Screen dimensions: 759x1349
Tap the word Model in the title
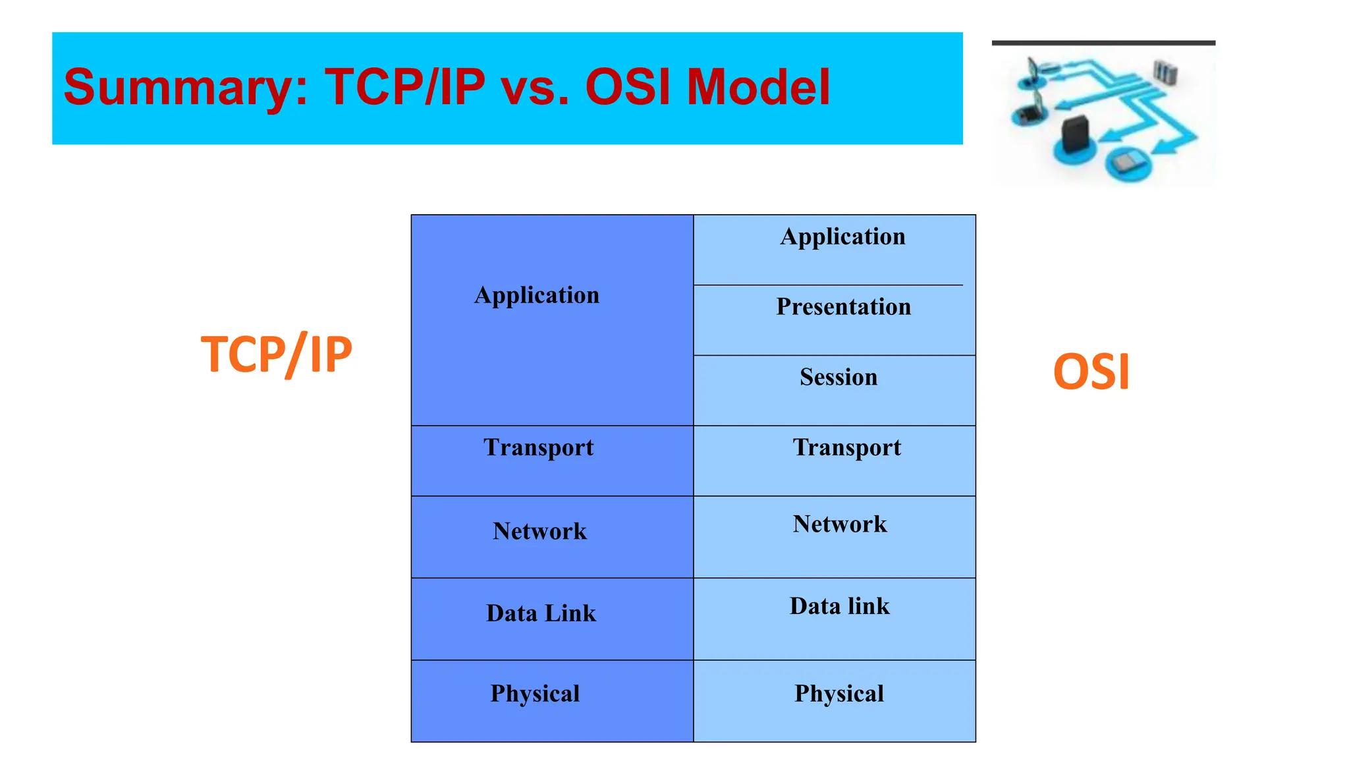(x=757, y=88)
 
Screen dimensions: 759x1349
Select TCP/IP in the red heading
(x=404, y=88)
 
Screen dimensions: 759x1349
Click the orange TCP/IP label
(x=277, y=355)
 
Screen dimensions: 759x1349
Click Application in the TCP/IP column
(x=537, y=295)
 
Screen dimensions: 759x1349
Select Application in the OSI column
(x=842, y=237)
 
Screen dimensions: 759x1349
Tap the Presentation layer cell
(x=843, y=307)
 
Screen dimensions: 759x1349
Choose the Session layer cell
(x=839, y=378)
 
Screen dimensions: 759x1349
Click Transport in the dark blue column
(x=538, y=448)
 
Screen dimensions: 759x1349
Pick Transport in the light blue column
(x=846, y=448)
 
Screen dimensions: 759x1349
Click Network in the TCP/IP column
(x=539, y=531)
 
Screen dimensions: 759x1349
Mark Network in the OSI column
(x=840, y=524)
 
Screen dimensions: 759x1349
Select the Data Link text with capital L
(x=541, y=613)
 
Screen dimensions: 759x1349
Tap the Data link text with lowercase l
(x=839, y=606)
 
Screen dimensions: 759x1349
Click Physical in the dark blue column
(x=535, y=694)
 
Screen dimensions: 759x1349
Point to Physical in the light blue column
(x=839, y=694)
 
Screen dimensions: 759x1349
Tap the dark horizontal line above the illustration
(x=1103, y=43)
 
